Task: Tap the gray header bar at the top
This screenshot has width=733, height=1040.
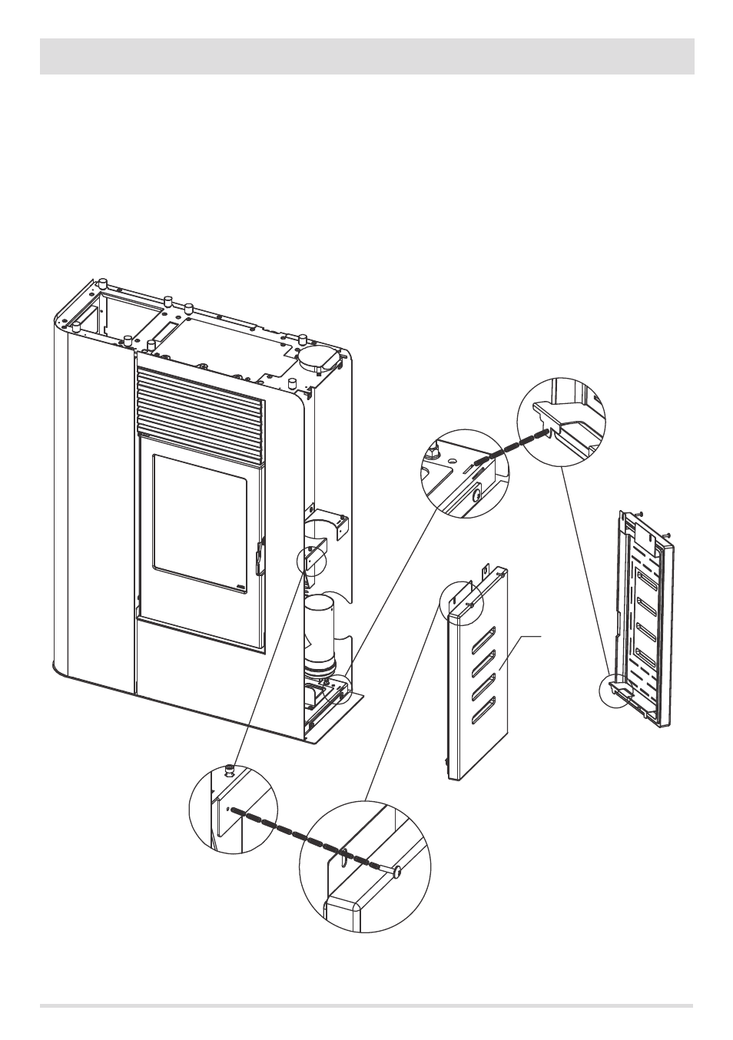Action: pos(366,56)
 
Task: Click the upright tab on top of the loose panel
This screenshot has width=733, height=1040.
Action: pos(485,571)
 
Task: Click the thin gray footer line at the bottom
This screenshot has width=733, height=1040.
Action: pos(366,1005)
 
